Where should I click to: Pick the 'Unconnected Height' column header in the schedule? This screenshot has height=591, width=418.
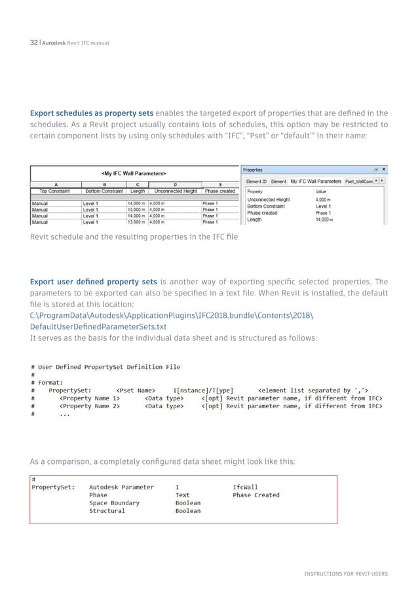(174, 191)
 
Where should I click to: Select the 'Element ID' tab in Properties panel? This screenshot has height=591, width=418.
(256, 181)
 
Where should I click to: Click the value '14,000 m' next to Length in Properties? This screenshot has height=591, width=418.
(324, 220)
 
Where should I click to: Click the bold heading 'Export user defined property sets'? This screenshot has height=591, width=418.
(93, 281)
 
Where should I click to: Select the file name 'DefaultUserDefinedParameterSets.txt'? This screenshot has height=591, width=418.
(98, 326)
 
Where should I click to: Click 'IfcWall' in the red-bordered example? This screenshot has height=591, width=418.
(246, 487)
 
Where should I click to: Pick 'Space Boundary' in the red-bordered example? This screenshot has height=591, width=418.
(114, 503)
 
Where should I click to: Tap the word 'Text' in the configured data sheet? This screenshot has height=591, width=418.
(182, 495)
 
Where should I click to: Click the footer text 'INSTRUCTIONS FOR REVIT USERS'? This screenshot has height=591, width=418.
(346, 573)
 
